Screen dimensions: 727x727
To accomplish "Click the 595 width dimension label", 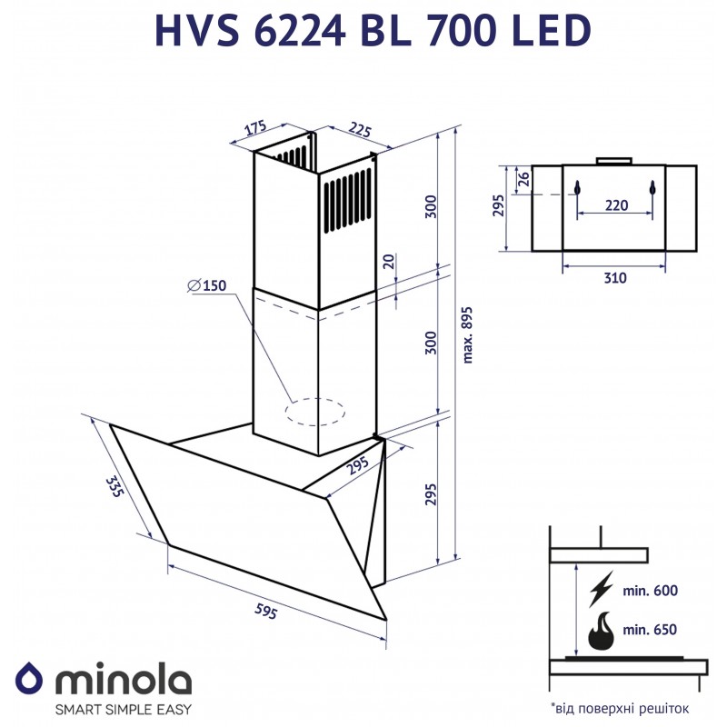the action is (265, 612).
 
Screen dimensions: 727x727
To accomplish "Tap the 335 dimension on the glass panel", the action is (115, 486).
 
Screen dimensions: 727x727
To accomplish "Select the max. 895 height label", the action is (468, 334).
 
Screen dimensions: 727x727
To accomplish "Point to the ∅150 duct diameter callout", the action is (207, 285).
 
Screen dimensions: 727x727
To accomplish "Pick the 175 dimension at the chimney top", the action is (255, 127).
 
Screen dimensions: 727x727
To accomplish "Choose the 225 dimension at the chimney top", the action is (360, 130).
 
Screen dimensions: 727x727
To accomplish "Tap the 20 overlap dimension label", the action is (389, 262).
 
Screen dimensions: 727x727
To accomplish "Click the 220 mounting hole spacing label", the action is (616, 205).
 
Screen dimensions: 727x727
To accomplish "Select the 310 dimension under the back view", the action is (615, 278).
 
